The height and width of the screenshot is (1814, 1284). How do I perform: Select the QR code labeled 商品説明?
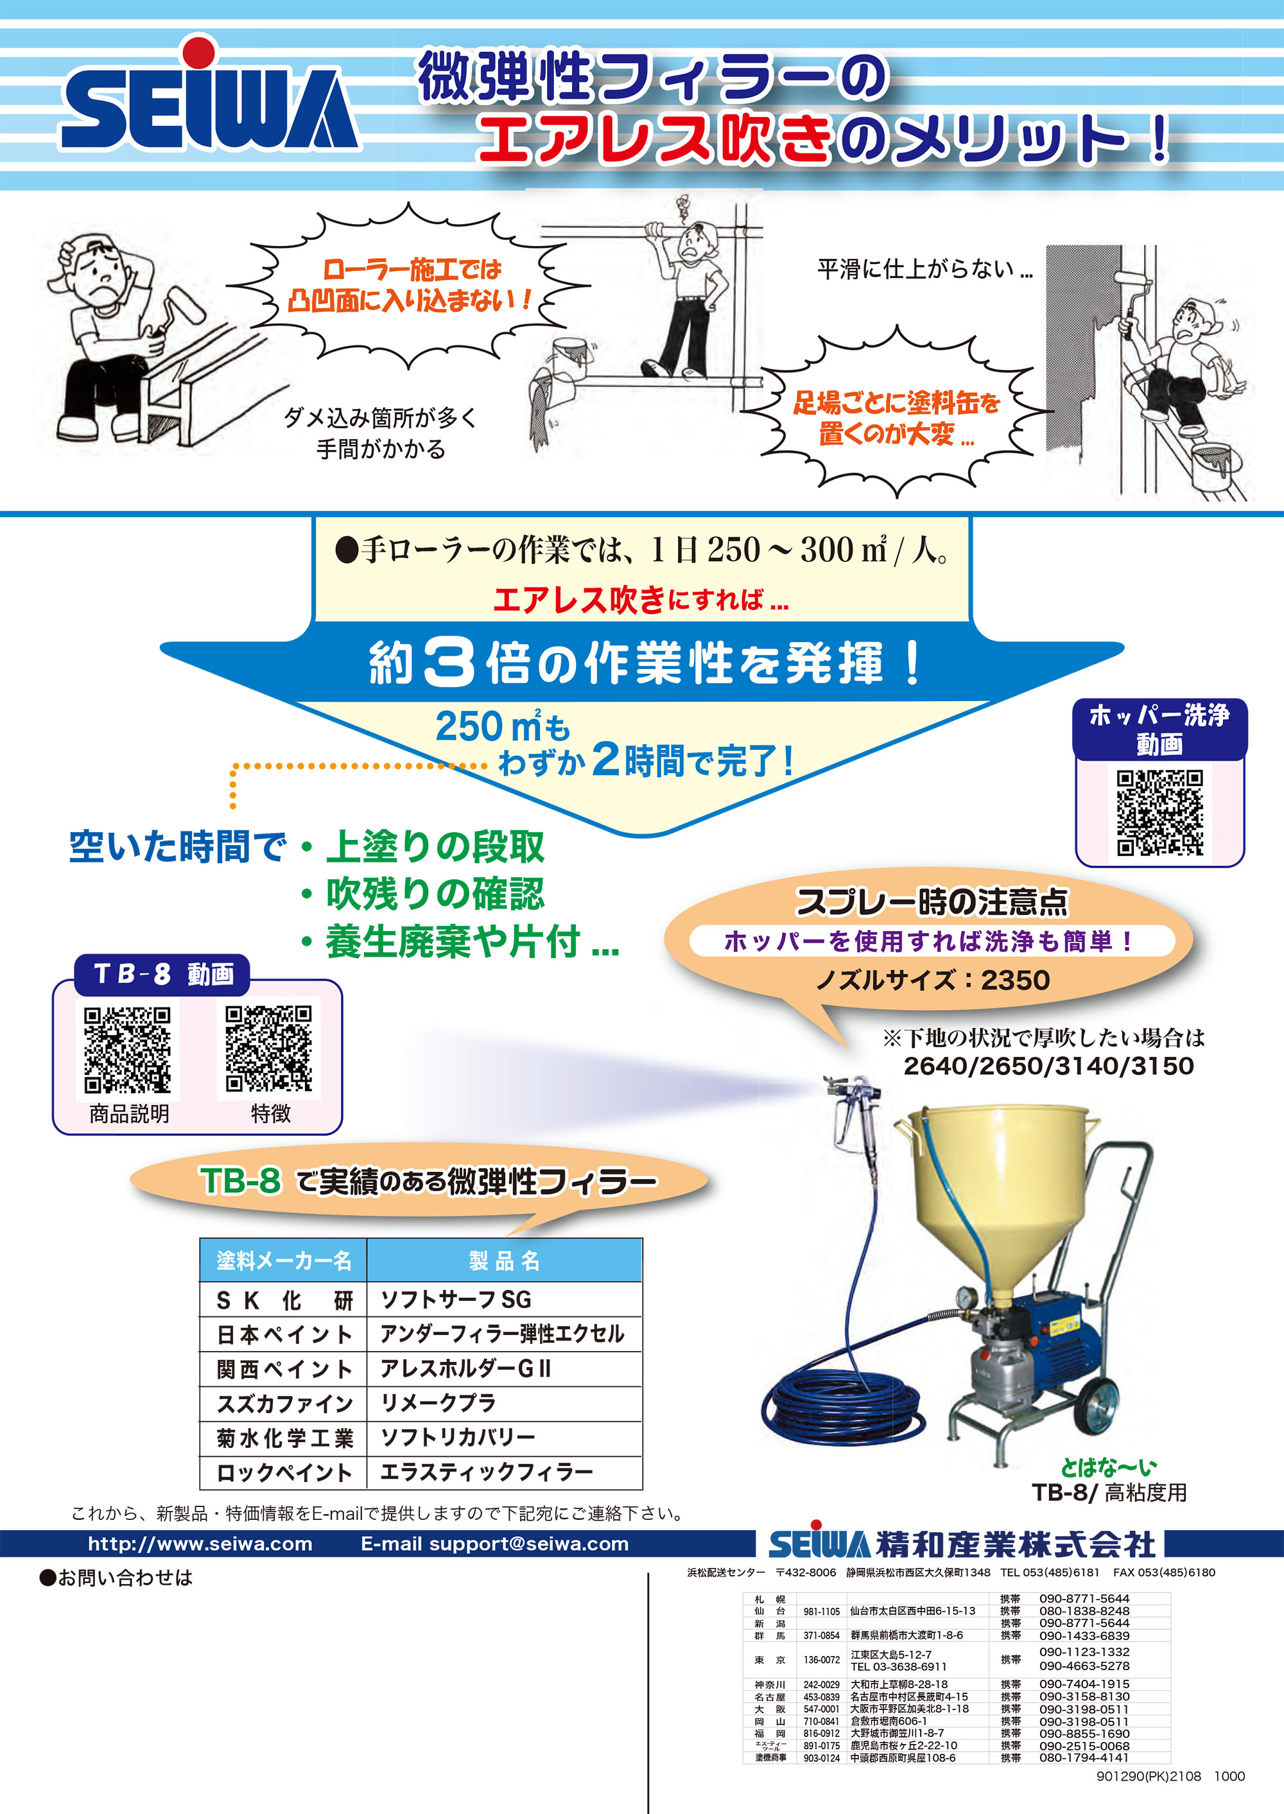(x=127, y=1049)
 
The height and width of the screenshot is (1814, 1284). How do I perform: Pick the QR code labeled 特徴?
(x=269, y=1049)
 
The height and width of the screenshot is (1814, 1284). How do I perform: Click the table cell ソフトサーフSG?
(x=456, y=1299)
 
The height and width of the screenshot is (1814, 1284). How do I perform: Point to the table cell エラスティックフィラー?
(x=486, y=1472)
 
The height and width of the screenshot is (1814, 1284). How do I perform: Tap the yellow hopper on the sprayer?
(x=1003, y=1194)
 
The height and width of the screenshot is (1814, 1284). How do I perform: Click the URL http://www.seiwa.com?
(x=200, y=1544)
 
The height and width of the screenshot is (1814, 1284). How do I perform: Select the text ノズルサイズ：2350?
(x=932, y=981)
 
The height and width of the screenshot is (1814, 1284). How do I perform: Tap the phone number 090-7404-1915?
(x=1084, y=1684)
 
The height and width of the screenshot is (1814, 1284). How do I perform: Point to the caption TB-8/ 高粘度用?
(x=1109, y=1492)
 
